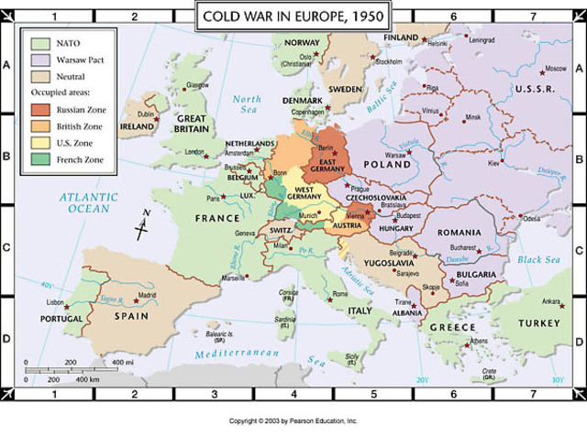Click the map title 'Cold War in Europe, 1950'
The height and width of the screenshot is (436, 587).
[293, 16]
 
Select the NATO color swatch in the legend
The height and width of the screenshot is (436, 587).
[38, 42]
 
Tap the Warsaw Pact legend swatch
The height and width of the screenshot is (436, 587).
[38, 59]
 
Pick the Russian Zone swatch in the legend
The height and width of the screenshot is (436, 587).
[38, 110]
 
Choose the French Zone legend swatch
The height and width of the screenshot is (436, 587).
[38, 160]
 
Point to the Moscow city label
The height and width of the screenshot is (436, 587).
[555, 70]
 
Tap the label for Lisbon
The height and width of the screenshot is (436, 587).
[55, 302]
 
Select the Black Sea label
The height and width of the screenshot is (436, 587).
[539, 260]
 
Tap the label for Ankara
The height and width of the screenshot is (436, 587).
[550, 301]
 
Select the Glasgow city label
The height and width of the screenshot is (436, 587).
[195, 85]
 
